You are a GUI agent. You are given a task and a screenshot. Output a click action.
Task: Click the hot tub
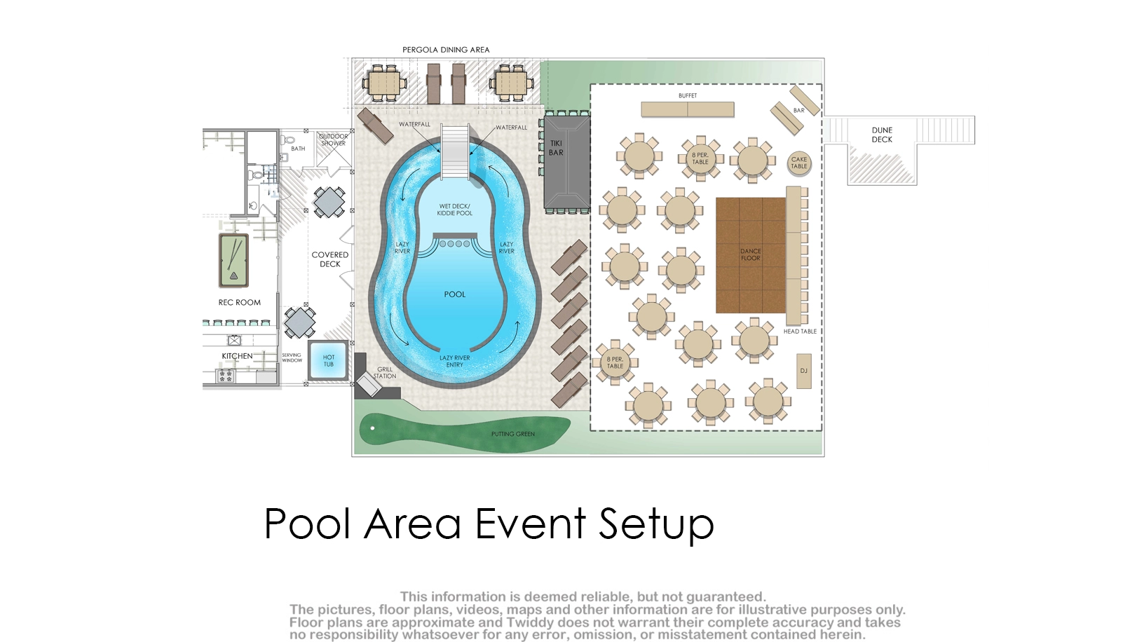[328, 360]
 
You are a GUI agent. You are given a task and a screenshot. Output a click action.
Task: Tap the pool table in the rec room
[233, 261]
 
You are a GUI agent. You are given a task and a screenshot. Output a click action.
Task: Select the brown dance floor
[750, 255]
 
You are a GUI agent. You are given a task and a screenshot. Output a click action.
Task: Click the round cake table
[798, 163]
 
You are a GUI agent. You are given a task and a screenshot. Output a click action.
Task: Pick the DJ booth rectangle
[804, 371]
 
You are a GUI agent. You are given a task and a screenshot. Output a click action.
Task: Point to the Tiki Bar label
[556, 148]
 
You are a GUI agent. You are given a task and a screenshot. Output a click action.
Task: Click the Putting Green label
[512, 434]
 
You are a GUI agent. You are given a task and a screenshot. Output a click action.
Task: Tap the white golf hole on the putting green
[372, 428]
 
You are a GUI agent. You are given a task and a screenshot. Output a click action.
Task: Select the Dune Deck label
[882, 135]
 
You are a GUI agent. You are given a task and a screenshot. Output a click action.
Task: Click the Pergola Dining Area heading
[446, 50]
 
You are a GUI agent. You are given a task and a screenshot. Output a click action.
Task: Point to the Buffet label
[688, 95]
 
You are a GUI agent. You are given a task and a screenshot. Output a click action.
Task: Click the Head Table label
[800, 332]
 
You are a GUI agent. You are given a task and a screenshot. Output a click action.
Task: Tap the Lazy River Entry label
[454, 361]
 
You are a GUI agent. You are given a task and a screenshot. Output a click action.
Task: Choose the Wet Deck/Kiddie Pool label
[454, 210]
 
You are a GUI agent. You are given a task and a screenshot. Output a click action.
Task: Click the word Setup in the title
[655, 524]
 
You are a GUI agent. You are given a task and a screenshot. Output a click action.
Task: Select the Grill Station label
[385, 373]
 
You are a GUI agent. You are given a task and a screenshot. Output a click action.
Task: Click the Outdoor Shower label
[333, 140]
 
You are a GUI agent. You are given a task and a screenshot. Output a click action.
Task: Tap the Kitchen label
[237, 356]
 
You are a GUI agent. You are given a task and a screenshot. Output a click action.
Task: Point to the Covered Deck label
[330, 259]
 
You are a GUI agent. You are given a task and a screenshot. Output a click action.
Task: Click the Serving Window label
[292, 357]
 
